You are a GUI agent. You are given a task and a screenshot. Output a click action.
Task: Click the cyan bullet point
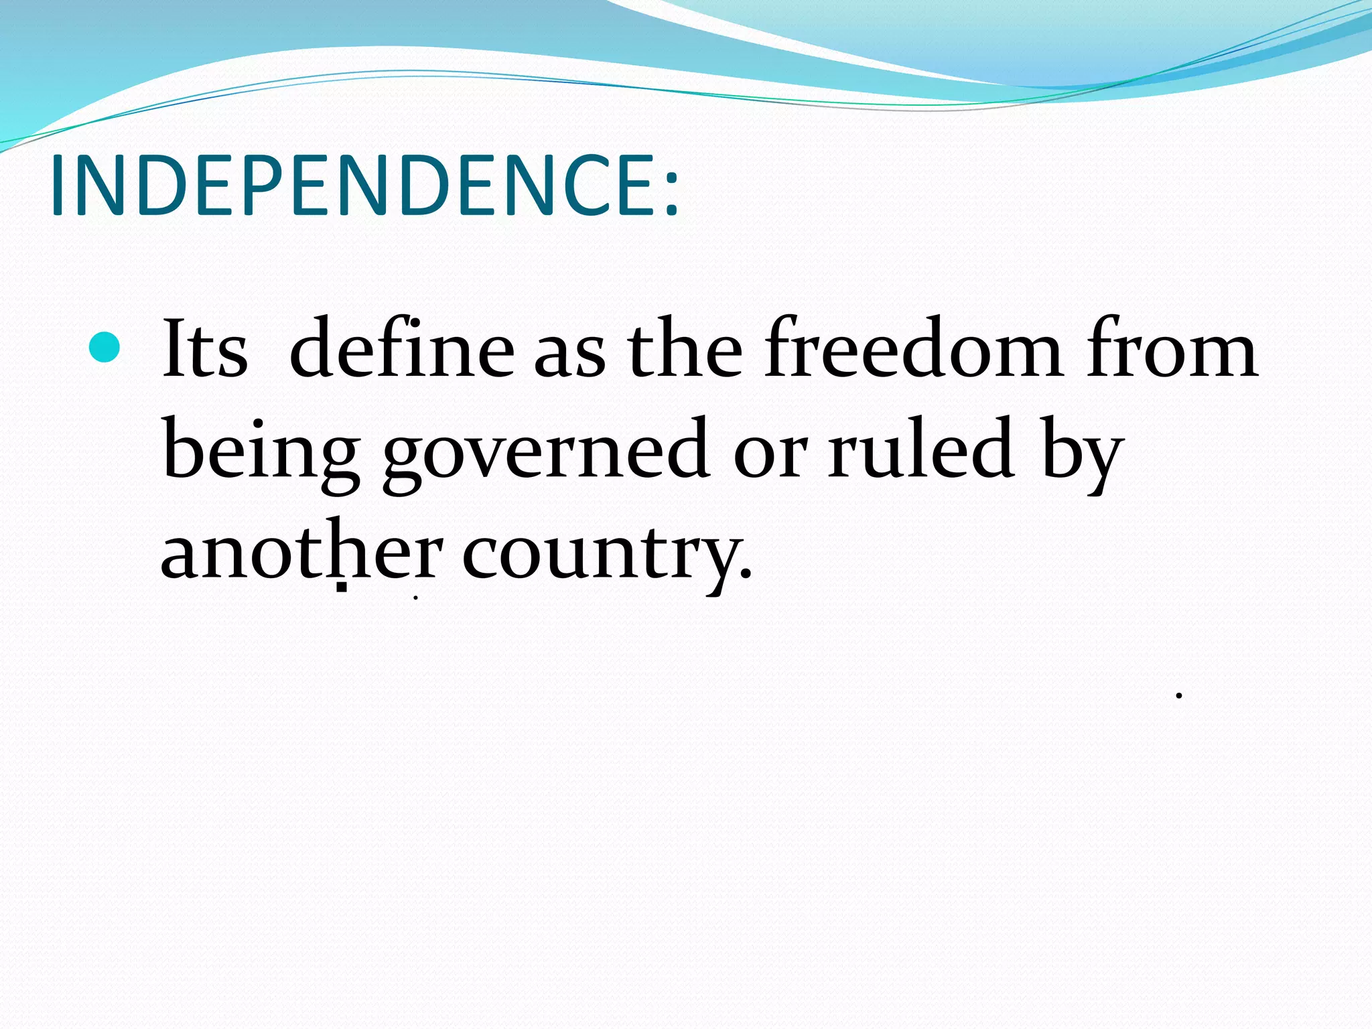click(x=105, y=347)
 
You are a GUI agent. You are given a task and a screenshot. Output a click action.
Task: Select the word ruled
click(x=920, y=449)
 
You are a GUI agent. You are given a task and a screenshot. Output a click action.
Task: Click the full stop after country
click(x=746, y=575)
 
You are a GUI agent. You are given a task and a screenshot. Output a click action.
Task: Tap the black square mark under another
click(x=342, y=588)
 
